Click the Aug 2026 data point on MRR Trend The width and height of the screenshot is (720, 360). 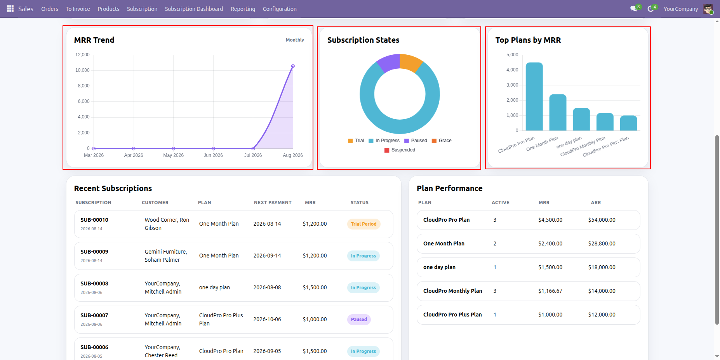(293, 66)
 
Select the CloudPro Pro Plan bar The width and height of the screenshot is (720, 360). (534, 96)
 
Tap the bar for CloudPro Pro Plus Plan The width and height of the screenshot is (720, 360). (628, 123)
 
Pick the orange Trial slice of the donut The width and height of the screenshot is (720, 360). (410, 62)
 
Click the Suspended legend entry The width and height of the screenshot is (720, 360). (400, 150)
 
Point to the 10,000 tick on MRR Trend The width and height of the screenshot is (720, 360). (82, 70)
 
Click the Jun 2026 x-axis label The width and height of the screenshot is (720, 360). (213, 155)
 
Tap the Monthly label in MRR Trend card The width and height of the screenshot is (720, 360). (295, 40)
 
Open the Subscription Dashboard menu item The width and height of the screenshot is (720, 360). (194, 9)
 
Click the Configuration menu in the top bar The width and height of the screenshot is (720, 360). (280, 9)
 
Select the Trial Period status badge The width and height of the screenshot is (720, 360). (363, 224)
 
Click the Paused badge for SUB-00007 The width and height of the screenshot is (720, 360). (359, 320)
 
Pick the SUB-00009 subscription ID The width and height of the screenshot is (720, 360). (94, 252)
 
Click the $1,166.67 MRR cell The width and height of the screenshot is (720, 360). (550, 291)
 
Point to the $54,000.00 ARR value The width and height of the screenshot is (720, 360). (602, 220)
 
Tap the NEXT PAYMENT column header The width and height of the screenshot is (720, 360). (273, 203)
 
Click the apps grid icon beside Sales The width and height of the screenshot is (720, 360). (10, 9)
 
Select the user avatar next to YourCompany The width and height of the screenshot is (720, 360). (708, 9)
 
